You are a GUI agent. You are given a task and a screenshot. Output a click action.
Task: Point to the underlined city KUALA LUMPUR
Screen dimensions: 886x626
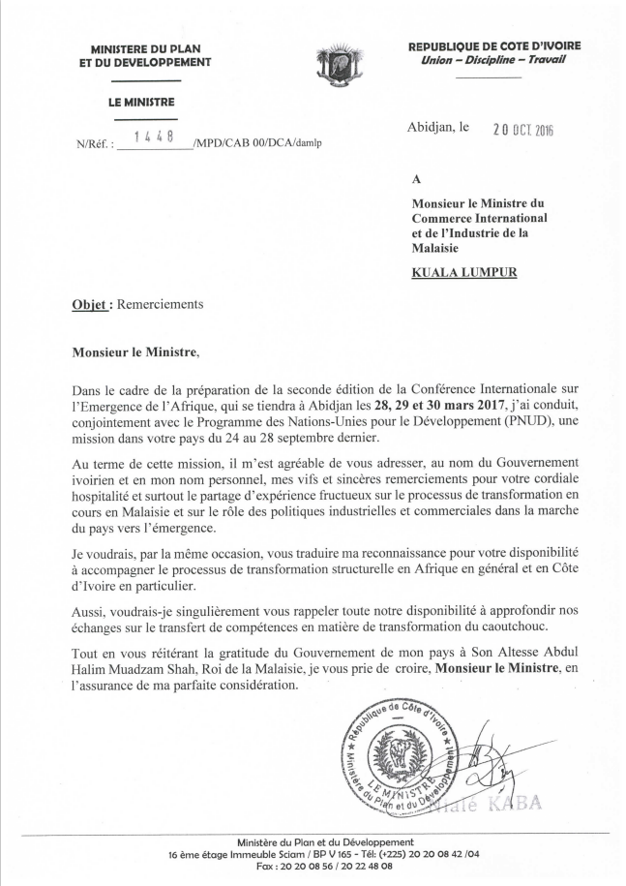(x=464, y=272)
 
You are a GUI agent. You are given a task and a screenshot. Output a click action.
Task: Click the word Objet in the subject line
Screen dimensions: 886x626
(x=92, y=304)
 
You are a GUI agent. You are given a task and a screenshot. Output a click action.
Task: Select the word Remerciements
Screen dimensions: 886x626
(x=161, y=304)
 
